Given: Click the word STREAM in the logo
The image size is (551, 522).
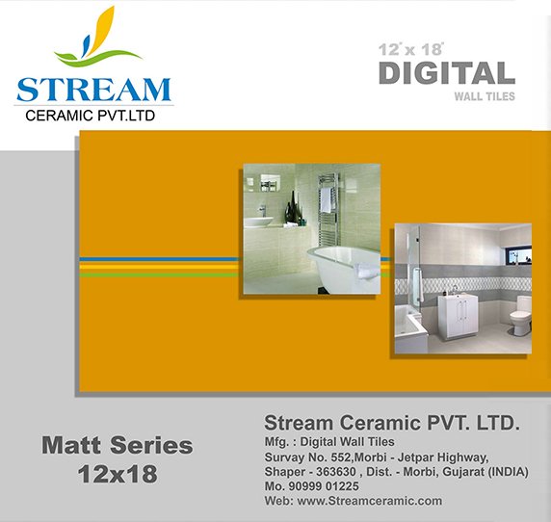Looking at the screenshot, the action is pos(93,90).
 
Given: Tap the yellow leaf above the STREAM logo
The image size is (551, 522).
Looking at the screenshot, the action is pos(101,29).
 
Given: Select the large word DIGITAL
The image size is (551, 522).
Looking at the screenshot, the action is pos(447,73).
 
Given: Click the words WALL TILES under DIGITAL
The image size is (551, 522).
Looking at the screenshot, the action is pos(485,96).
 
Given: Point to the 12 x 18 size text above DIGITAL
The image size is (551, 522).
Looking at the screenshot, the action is pos(410,49).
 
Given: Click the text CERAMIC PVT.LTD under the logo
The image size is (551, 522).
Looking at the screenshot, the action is pos(91,116).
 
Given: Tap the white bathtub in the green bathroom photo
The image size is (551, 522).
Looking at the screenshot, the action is pos(344,269).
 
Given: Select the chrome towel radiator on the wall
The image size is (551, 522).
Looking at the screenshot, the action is pos(328,209).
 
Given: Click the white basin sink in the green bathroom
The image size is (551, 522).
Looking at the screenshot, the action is pos(258,222).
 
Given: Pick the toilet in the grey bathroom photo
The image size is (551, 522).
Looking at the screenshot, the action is pos(521,314).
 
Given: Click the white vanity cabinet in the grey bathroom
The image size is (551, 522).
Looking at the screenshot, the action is pos(458,317).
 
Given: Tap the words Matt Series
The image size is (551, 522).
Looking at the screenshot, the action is pos(118,445).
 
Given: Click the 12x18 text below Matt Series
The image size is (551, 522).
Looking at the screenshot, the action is pos(118,474).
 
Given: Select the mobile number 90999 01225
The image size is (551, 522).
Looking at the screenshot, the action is pos(324,486).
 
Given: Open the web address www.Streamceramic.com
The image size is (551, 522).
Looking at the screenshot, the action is pos(370,501).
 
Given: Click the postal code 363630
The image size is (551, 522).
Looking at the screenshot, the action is pos(335,471).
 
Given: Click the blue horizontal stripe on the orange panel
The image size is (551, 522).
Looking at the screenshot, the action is pos(159,259).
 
